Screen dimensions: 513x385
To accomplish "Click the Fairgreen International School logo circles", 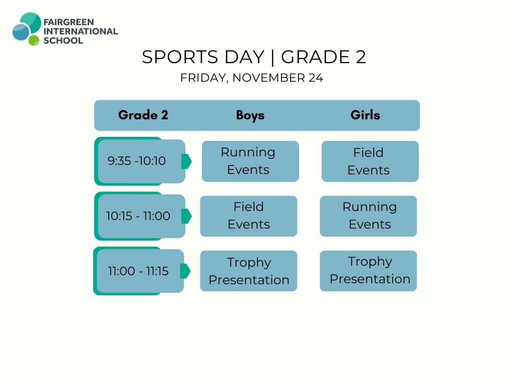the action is (27, 29).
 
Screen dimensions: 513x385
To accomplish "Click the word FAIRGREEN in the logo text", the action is (69, 22).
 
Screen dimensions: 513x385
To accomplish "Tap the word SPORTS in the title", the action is (180, 57).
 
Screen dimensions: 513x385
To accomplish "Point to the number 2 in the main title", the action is (361, 57).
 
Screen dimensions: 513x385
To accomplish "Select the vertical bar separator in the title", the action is (273, 57).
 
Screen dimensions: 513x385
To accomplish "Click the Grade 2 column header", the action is (143, 115).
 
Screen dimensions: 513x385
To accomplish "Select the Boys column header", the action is (250, 115).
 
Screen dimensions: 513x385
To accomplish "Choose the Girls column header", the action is (365, 115).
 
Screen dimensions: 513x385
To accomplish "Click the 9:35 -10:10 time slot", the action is (140, 161).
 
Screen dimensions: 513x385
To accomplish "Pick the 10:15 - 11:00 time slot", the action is (140, 216).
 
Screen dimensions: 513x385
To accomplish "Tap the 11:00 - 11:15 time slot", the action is (139, 271).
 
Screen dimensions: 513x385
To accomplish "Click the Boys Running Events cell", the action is (250, 161).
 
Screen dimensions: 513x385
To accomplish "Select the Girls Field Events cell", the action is (370, 161).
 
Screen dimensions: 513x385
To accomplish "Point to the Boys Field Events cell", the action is (248, 216).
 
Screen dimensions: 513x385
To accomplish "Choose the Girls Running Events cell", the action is (368, 216).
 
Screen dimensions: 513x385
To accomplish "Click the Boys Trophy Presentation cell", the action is (248, 271).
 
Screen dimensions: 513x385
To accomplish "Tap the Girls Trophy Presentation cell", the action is (368, 271).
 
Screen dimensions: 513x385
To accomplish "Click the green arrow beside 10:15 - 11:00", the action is (186, 216).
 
